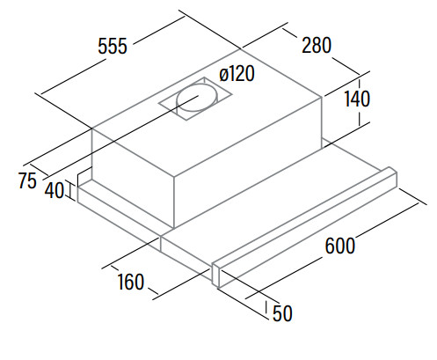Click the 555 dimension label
point(113,46)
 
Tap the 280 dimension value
point(317,45)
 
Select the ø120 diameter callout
point(237,73)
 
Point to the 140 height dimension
point(357,99)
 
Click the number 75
point(27,180)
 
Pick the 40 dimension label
point(55,190)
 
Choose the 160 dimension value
point(131,282)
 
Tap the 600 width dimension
point(340,246)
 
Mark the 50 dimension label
point(282,313)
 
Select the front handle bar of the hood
point(305,227)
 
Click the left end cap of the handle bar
point(215,275)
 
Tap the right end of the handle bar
point(393,177)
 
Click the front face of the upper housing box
point(134,179)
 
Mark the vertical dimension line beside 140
point(360,101)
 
